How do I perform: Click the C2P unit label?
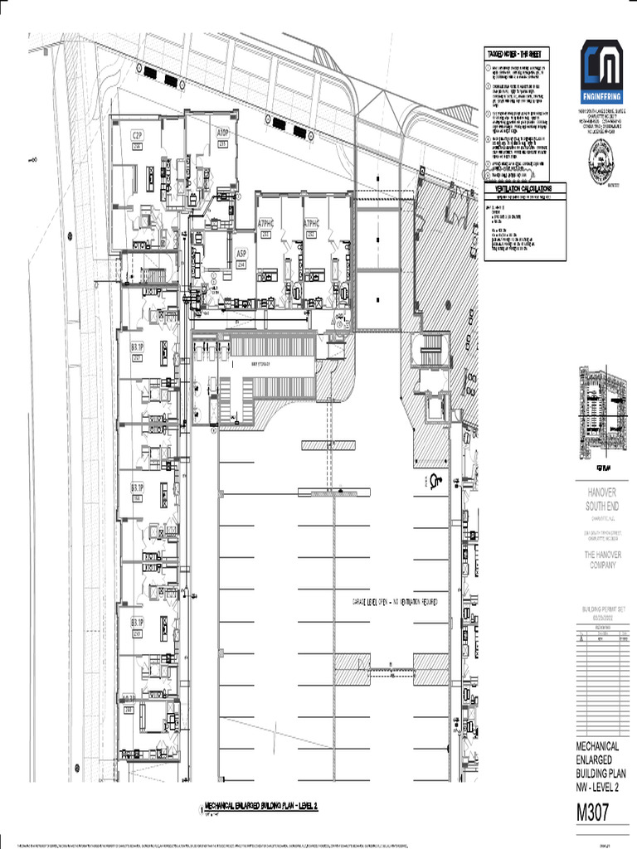tap(137, 134)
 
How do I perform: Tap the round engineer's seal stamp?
tap(601, 157)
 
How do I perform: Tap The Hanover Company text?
tap(601, 560)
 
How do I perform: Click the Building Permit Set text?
tap(601, 613)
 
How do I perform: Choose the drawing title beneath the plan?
tap(261, 806)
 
